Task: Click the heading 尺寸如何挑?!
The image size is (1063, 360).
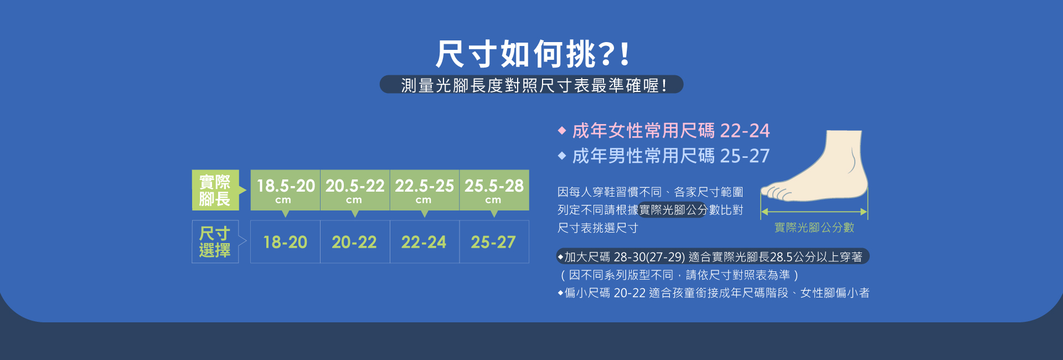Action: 531,54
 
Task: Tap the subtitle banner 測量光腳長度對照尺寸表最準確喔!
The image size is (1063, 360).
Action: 531,85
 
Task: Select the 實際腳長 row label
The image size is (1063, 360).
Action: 215,190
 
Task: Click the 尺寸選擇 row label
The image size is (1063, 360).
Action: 215,241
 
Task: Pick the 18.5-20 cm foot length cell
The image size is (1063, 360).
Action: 285,190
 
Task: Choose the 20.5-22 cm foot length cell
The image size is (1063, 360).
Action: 355,190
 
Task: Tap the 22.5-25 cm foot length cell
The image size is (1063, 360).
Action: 424,190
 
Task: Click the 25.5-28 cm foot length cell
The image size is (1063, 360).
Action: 494,190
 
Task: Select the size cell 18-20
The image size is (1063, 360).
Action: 285,242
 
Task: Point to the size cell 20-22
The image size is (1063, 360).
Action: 354,242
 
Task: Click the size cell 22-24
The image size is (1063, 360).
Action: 424,242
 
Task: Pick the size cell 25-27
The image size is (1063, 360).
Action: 493,242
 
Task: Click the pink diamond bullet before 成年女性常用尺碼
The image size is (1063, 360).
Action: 562,131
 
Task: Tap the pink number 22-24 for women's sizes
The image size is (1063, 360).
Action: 745,131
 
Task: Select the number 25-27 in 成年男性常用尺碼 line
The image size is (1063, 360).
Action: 745,156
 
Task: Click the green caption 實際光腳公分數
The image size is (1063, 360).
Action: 814,228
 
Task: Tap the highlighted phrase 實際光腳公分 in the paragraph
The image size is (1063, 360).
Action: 673,210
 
